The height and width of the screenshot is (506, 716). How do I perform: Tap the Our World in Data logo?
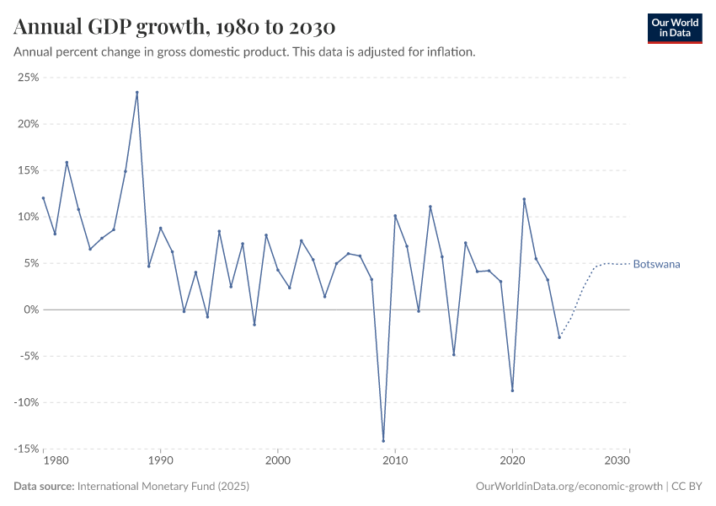coord(674,28)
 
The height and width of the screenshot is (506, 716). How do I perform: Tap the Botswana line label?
coord(656,264)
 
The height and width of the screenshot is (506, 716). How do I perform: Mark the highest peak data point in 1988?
coord(137,93)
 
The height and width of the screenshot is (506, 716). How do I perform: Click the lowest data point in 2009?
coord(383,440)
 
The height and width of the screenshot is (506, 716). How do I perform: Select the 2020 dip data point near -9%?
coord(512,390)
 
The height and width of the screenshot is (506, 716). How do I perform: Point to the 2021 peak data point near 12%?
coord(524,199)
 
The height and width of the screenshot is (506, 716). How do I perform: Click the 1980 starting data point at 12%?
coord(43,198)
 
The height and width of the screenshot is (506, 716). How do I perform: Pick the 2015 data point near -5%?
coord(453,354)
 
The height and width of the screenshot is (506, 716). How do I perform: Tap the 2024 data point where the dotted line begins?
coord(559,337)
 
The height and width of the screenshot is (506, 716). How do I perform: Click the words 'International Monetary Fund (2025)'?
coord(163,487)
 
